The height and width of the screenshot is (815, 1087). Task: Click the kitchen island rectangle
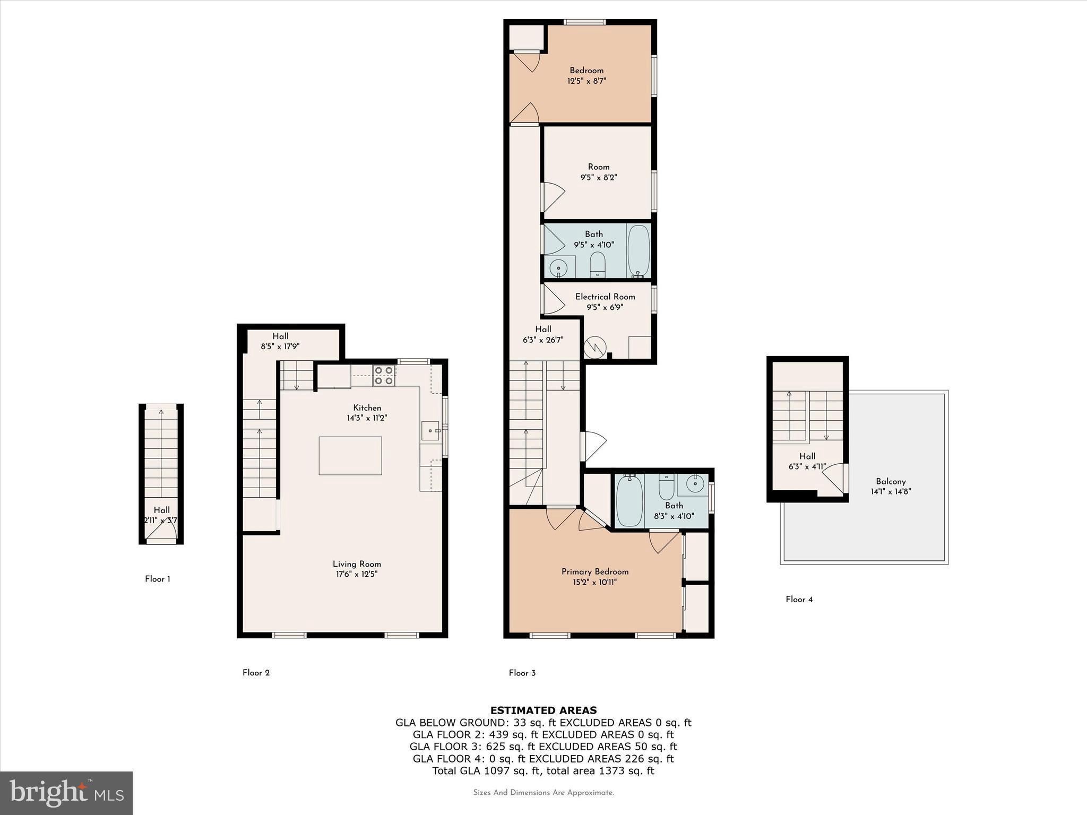click(x=350, y=456)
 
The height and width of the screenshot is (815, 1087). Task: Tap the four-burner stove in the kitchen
click(x=384, y=375)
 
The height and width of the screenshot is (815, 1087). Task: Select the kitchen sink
click(x=430, y=431)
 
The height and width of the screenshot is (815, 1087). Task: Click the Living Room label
click(x=357, y=564)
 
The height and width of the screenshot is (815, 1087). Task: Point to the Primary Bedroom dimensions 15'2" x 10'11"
click(x=595, y=582)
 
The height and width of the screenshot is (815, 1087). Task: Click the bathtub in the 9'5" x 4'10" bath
click(x=638, y=250)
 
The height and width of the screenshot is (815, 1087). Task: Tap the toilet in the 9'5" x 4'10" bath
click(x=598, y=264)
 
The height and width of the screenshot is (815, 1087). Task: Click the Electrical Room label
click(x=605, y=297)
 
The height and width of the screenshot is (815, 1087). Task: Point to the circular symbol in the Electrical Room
click(x=595, y=348)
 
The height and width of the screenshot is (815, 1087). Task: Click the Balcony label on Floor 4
click(x=891, y=481)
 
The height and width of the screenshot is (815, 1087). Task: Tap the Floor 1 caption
click(x=158, y=579)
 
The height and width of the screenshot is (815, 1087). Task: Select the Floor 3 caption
click(x=522, y=673)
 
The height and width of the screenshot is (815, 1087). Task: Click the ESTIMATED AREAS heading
click(x=543, y=710)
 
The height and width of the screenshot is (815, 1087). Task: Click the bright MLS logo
click(x=66, y=793)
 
